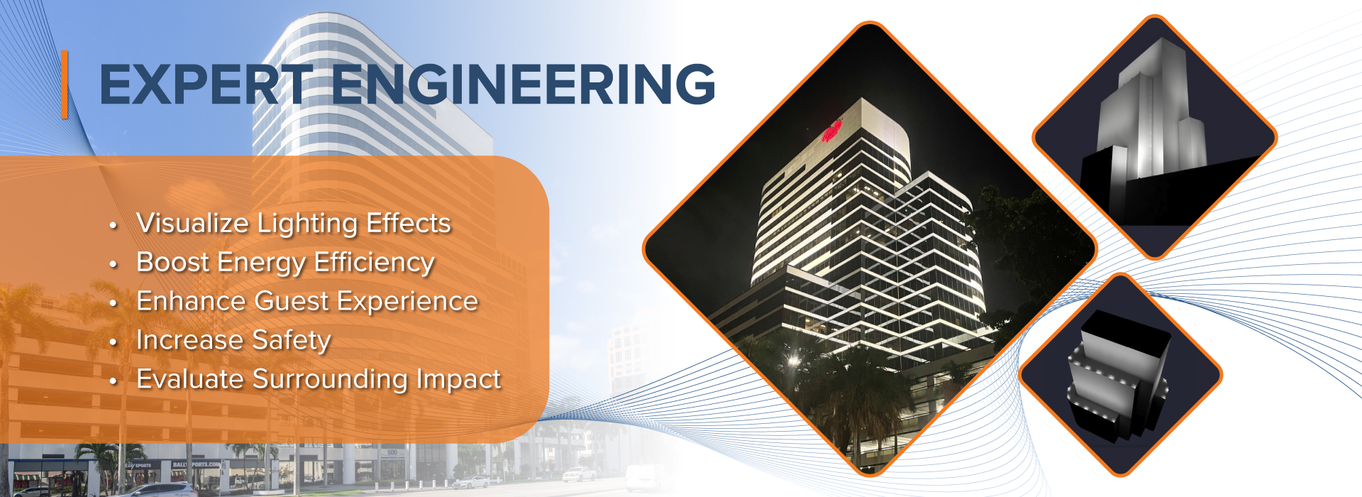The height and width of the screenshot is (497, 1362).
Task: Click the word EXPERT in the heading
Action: (206, 84)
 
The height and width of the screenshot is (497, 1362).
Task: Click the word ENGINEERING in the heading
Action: (524, 84)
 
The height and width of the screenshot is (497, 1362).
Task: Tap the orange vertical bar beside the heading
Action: (65, 84)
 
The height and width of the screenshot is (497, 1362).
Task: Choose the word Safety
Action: (292, 341)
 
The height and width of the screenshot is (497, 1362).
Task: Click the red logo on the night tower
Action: (831, 131)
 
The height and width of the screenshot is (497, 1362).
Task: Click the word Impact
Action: (459, 380)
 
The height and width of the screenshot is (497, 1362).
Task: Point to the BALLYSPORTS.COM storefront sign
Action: (196, 464)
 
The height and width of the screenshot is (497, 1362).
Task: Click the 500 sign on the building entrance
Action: (392, 452)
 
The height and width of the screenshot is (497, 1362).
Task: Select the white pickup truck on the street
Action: (579, 474)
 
